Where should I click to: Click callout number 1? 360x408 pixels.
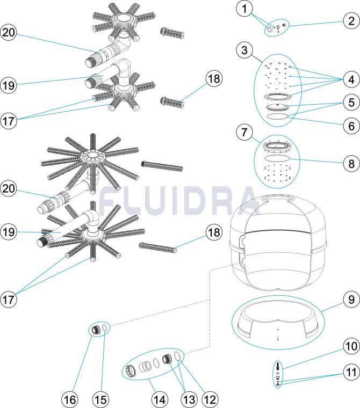point(244,9)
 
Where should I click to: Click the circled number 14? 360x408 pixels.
point(160,399)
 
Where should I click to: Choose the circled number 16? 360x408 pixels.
point(71,399)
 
